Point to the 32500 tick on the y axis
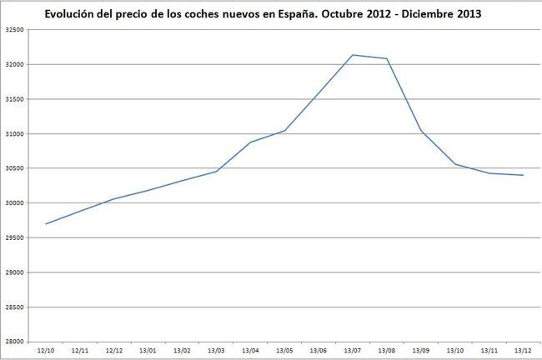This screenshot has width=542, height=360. point(13,30)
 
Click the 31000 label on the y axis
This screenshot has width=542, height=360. point(13,134)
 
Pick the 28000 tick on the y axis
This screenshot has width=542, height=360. point(13,342)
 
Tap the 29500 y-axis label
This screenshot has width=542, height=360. point(13,237)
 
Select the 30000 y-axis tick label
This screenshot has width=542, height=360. point(13,203)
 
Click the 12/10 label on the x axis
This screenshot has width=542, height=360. point(46,351)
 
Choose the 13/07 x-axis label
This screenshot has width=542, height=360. point(352,351)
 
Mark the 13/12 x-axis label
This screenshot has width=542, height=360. point(523,351)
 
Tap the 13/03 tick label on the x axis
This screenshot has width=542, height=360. point(216,351)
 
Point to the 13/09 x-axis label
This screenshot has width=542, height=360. point(420,351)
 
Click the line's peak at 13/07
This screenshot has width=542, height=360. point(352,55)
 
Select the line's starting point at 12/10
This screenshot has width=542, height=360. point(46,224)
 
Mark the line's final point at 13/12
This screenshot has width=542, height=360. point(523,175)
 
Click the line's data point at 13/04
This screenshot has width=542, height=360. point(250,142)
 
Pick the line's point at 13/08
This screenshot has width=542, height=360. point(387,58)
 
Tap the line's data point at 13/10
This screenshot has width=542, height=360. point(454,164)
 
